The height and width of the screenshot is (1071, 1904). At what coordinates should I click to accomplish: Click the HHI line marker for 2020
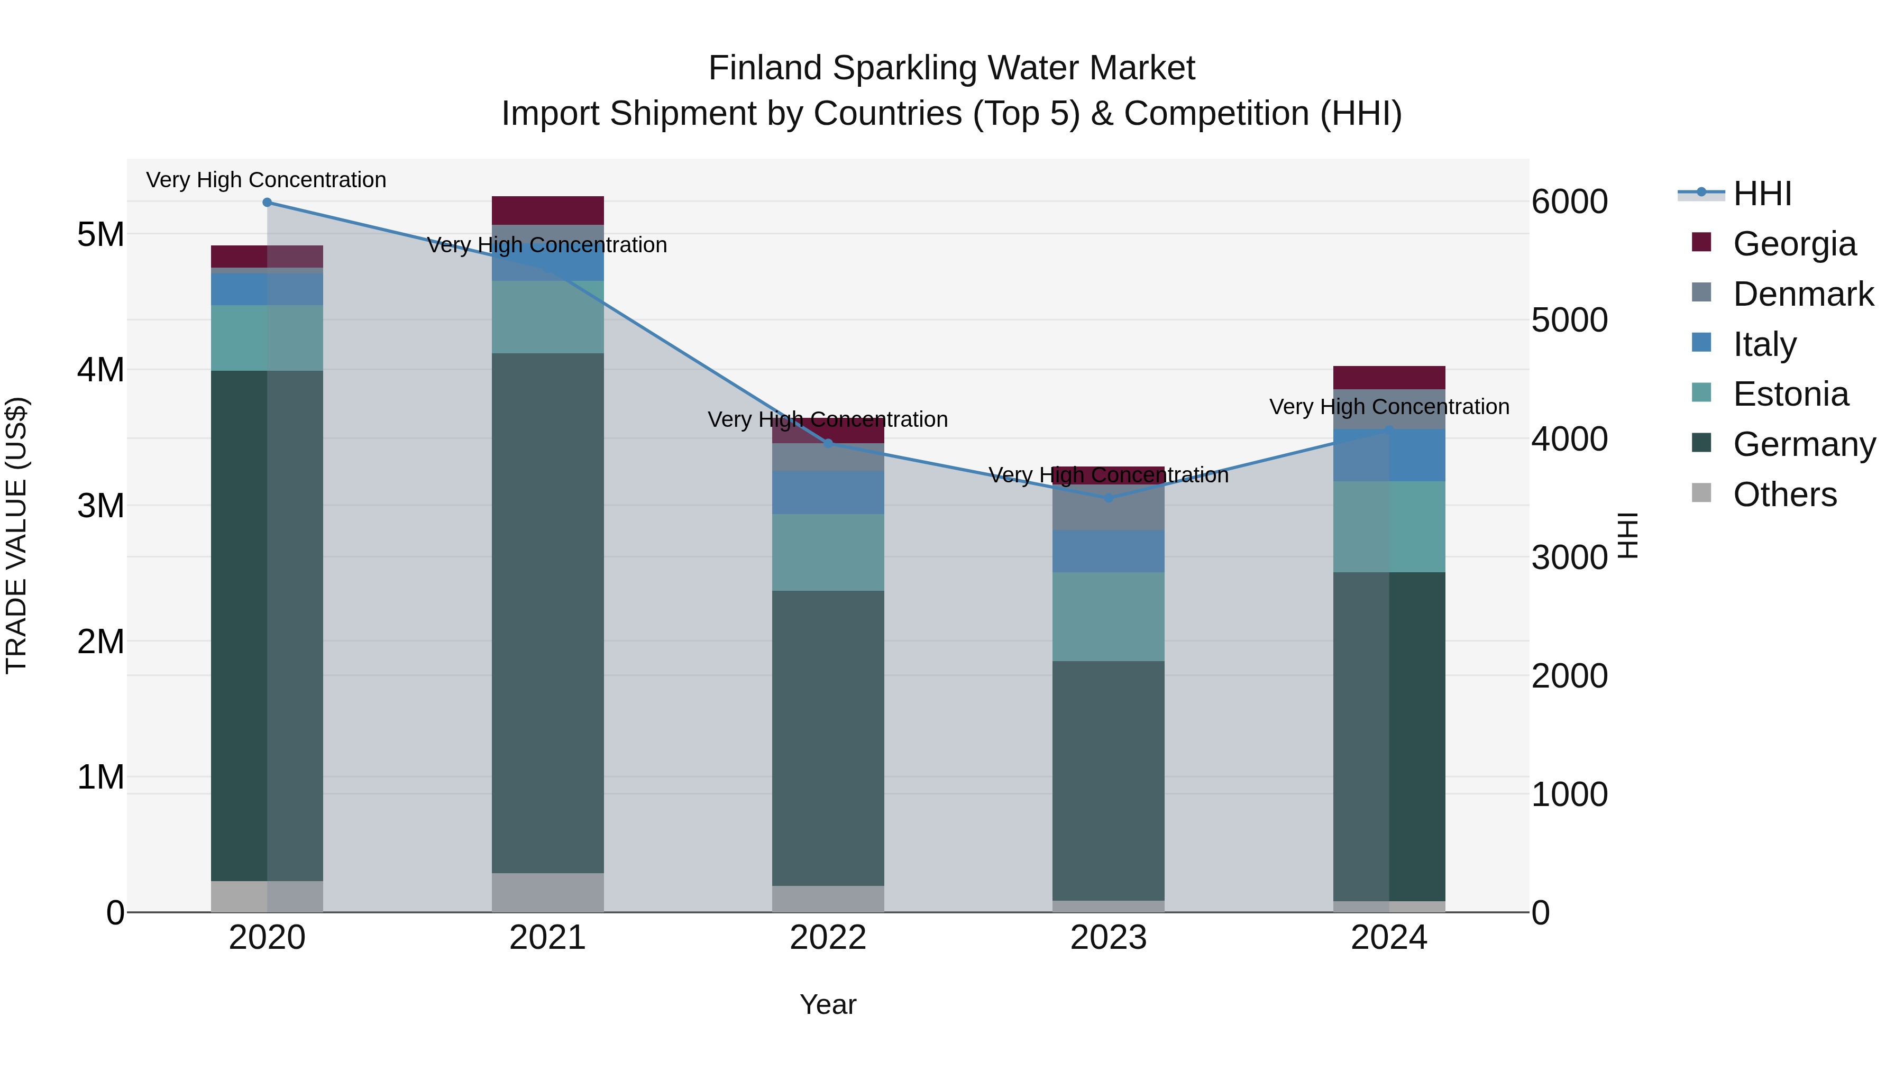pyautogui.click(x=267, y=203)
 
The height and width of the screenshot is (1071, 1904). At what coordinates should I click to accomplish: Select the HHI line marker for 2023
pyautogui.click(x=1108, y=498)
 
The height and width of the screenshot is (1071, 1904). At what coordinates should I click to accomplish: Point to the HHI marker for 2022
pyautogui.click(x=828, y=444)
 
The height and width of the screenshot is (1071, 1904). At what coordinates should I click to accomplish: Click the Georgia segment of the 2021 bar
pyautogui.click(x=548, y=210)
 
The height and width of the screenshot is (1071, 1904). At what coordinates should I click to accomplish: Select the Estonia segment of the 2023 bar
pyautogui.click(x=1108, y=617)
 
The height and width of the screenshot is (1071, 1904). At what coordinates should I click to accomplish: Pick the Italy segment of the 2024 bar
pyautogui.click(x=1389, y=455)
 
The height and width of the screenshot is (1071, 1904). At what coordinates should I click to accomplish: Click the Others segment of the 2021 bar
pyautogui.click(x=548, y=892)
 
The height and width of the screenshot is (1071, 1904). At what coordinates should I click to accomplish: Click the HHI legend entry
pyautogui.click(x=1762, y=194)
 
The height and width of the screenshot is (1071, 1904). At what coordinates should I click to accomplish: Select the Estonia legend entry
pyautogui.click(x=1790, y=394)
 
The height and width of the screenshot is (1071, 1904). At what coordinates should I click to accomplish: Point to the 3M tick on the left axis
pyautogui.click(x=100, y=506)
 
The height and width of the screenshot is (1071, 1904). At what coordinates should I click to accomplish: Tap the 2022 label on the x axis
pyautogui.click(x=828, y=938)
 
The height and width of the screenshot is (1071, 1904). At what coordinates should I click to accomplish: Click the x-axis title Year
pyautogui.click(x=828, y=1004)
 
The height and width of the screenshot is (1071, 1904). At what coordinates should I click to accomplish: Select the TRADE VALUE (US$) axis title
pyautogui.click(x=16, y=535)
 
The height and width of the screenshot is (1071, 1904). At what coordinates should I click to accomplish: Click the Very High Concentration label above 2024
pyautogui.click(x=1389, y=407)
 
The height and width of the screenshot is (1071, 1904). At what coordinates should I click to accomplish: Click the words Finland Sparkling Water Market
pyautogui.click(x=951, y=68)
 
